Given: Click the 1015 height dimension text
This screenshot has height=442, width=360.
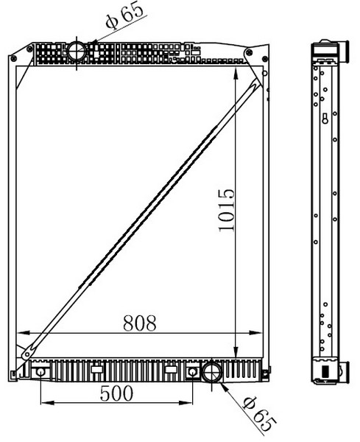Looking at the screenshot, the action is (227, 210).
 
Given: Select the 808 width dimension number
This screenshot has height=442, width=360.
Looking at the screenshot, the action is (140, 323).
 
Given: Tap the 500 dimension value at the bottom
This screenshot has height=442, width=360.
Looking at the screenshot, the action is (116, 393).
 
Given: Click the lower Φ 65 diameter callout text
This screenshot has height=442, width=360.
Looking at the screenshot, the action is (259, 414).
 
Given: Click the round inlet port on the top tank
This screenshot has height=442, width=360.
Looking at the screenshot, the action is (77, 52).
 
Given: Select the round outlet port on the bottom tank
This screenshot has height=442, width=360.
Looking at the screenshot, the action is (212, 372).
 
